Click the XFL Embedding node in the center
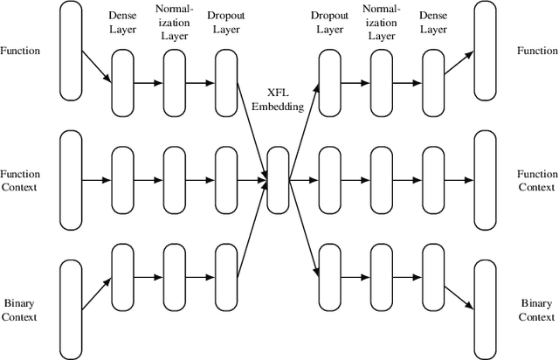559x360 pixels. [x=278, y=181]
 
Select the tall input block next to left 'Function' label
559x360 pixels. [x=71, y=51]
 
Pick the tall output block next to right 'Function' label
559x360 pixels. [x=485, y=51]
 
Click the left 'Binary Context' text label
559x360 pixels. [x=20, y=309]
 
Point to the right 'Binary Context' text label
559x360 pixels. [x=537, y=309]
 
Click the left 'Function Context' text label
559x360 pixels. [x=20, y=181]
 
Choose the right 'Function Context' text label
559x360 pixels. [x=537, y=181]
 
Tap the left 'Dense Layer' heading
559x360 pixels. [x=122, y=23]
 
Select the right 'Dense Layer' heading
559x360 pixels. [x=432, y=23]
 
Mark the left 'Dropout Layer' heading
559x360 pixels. [x=225, y=23]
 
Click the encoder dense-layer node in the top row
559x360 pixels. [x=122, y=83]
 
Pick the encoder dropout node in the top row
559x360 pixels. [x=225, y=83]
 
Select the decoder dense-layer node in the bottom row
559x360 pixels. [x=432, y=278]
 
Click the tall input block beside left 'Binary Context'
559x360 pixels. [x=71, y=309]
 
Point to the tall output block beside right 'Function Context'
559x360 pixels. [x=485, y=181]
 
